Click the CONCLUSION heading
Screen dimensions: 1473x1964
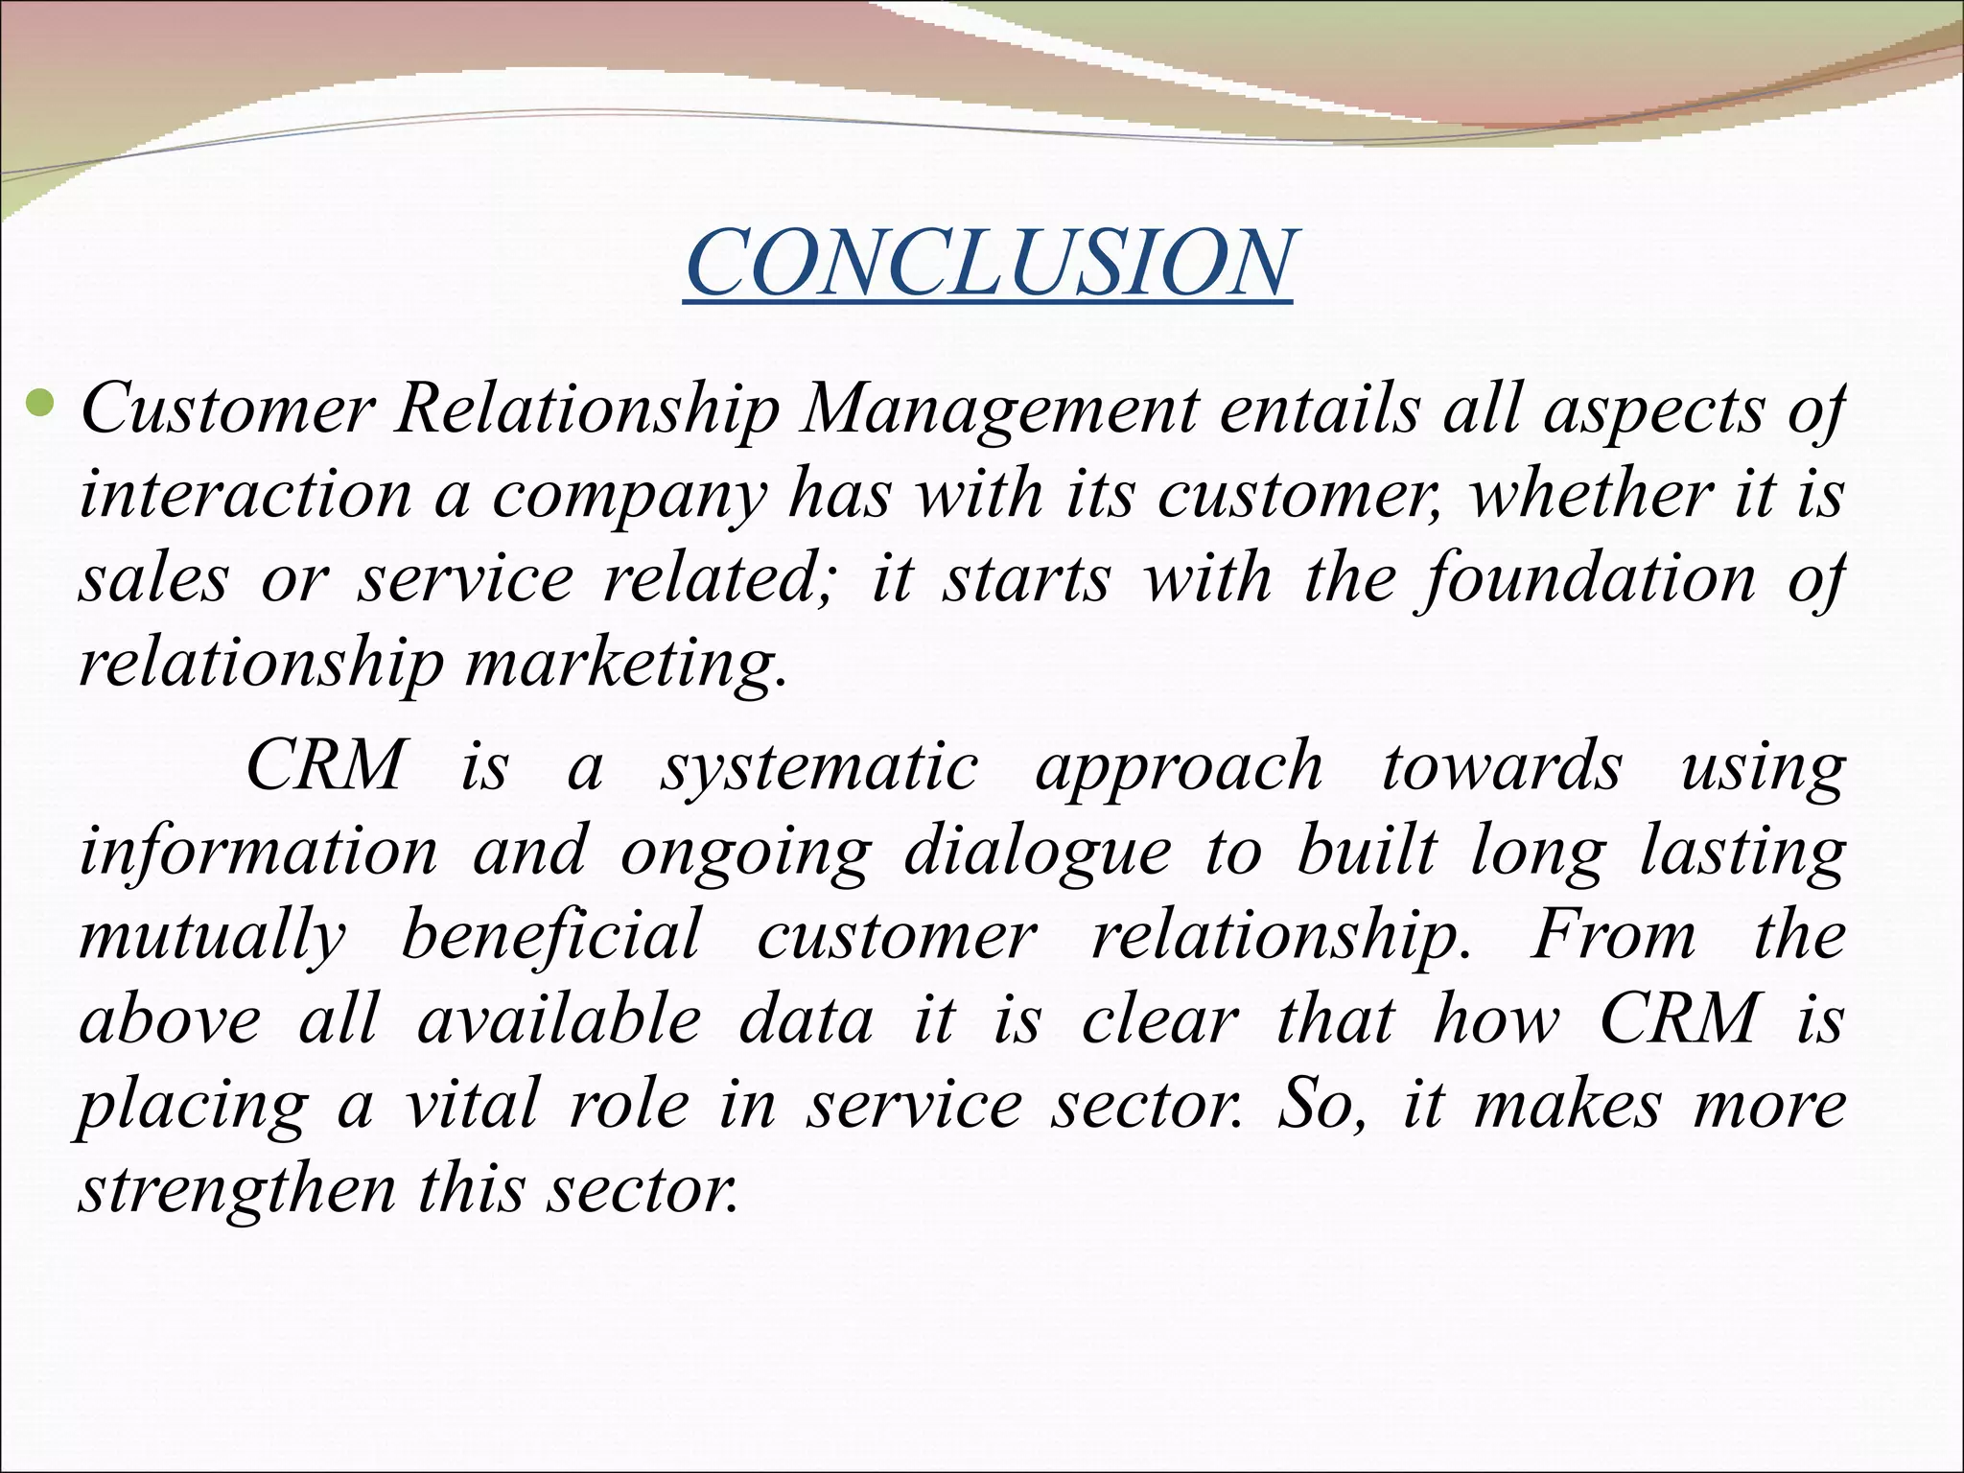(x=989, y=262)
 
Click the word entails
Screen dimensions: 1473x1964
(x=1320, y=410)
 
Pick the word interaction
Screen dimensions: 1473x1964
(x=245, y=495)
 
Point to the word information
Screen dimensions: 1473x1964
(x=258, y=852)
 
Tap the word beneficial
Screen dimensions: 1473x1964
(x=551, y=936)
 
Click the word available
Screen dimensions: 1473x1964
(x=559, y=1019)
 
